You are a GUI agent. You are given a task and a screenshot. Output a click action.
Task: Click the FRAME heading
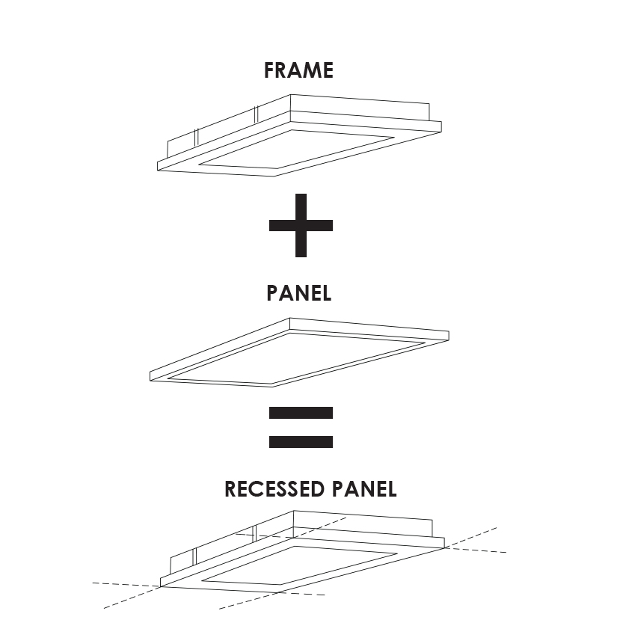point(298,71)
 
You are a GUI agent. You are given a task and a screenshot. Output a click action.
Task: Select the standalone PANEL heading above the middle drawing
point(298,293)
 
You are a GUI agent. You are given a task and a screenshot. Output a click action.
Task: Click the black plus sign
point(301,225)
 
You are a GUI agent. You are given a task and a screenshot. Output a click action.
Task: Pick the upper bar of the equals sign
point(301,413)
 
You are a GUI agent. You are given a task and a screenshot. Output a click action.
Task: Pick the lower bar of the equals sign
point(301,441)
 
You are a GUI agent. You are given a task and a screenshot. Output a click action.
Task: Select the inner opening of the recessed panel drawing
point(299,564)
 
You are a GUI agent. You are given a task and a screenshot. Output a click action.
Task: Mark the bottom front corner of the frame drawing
point(274,175)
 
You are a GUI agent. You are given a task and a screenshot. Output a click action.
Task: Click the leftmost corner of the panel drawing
point(151,374)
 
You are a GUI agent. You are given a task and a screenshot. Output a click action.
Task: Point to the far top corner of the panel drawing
point(289,319)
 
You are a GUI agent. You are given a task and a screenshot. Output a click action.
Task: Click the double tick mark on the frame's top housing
point(256,114)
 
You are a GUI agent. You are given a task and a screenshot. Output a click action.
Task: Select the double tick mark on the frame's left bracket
point(195,138)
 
